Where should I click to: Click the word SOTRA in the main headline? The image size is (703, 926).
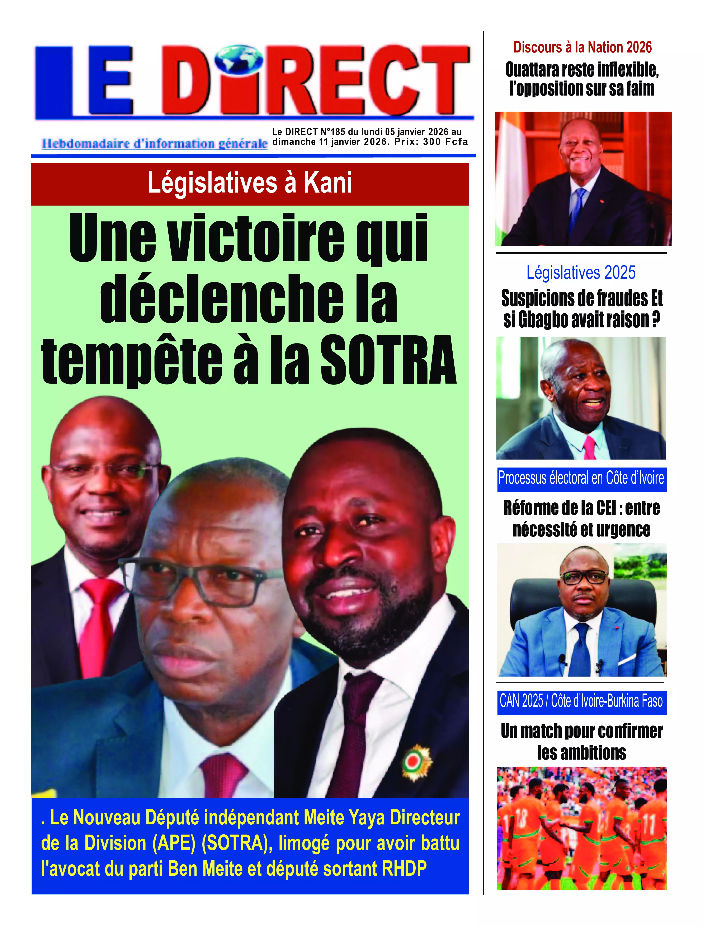pyautogui.click(x=388, y=359)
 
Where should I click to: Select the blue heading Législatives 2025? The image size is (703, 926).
pyautogui.click(x=581, y=273)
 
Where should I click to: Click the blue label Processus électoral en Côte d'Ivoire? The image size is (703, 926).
pyautogui.click(x=581, y=478)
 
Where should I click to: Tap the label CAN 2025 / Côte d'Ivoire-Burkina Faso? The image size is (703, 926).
pyautogui.click(x=581, y=701)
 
